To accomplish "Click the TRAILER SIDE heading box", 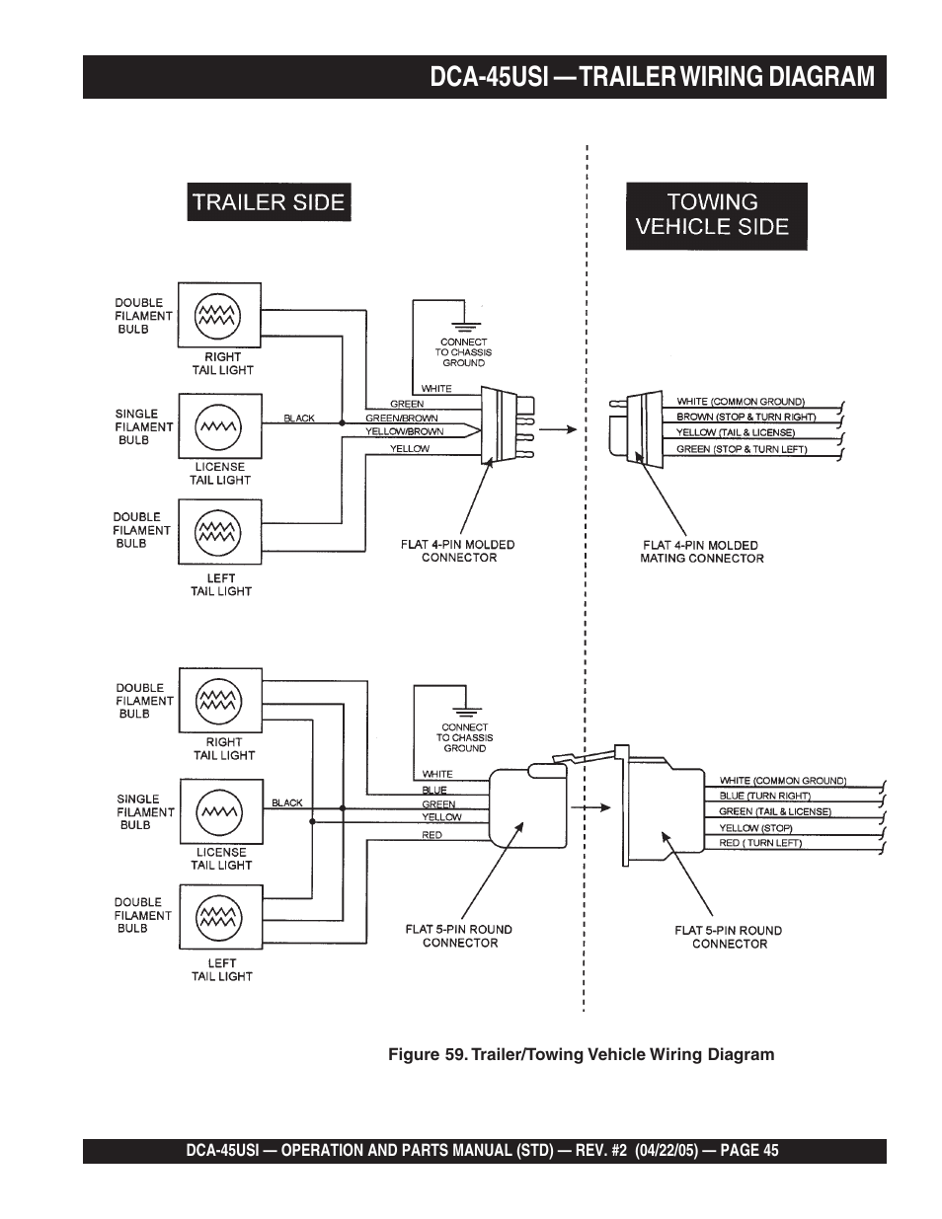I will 269,202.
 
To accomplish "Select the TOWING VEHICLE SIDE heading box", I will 716,215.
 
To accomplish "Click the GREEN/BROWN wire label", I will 402,418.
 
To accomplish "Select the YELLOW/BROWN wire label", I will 404,431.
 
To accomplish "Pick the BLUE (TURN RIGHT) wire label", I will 764,796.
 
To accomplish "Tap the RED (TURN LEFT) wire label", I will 760,843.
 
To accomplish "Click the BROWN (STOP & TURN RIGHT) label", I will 746,417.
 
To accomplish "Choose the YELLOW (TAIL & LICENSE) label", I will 735,432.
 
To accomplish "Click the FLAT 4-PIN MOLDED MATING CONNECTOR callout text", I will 701,552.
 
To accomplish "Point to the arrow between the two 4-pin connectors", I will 558,429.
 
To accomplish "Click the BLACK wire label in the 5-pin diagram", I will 286,802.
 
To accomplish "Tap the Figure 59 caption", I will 581,1054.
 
